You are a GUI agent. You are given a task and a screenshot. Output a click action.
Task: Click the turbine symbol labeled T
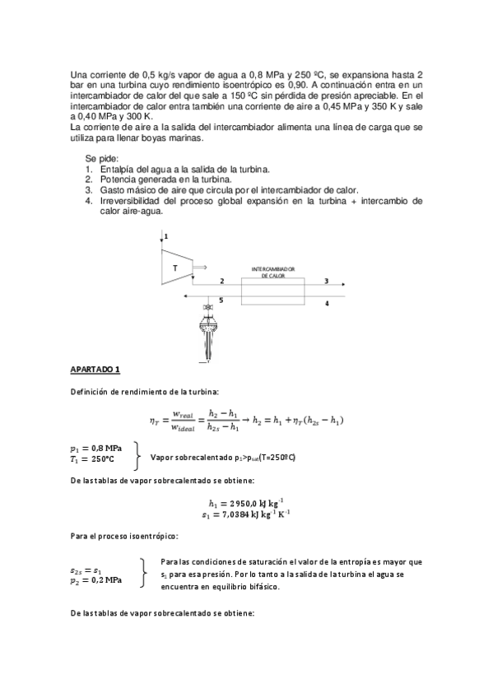pyautogui.click(x=176, y=268)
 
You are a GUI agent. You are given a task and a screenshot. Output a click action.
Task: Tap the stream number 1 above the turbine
pyautogui.click(x=165, y=236)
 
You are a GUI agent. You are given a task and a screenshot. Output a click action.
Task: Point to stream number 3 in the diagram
pyautogui.click(x=327, y=281)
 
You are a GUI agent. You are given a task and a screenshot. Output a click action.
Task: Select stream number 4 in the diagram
pyautogui.click(x=327, y=303)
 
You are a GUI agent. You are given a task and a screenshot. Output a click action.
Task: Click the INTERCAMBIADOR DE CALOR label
pyautogui.click(x=272, y=272)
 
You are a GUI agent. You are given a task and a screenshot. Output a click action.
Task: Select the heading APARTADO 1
pyautogui.click(x=95, y=369)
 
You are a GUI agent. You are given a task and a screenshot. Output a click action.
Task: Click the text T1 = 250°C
pyautogui.click(x=92, y=458)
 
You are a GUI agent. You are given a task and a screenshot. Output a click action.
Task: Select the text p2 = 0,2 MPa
pyautogui.click(x=96, y=579)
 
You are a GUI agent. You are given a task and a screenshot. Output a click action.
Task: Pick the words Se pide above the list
pyautogui.click(x=101, y=157)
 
